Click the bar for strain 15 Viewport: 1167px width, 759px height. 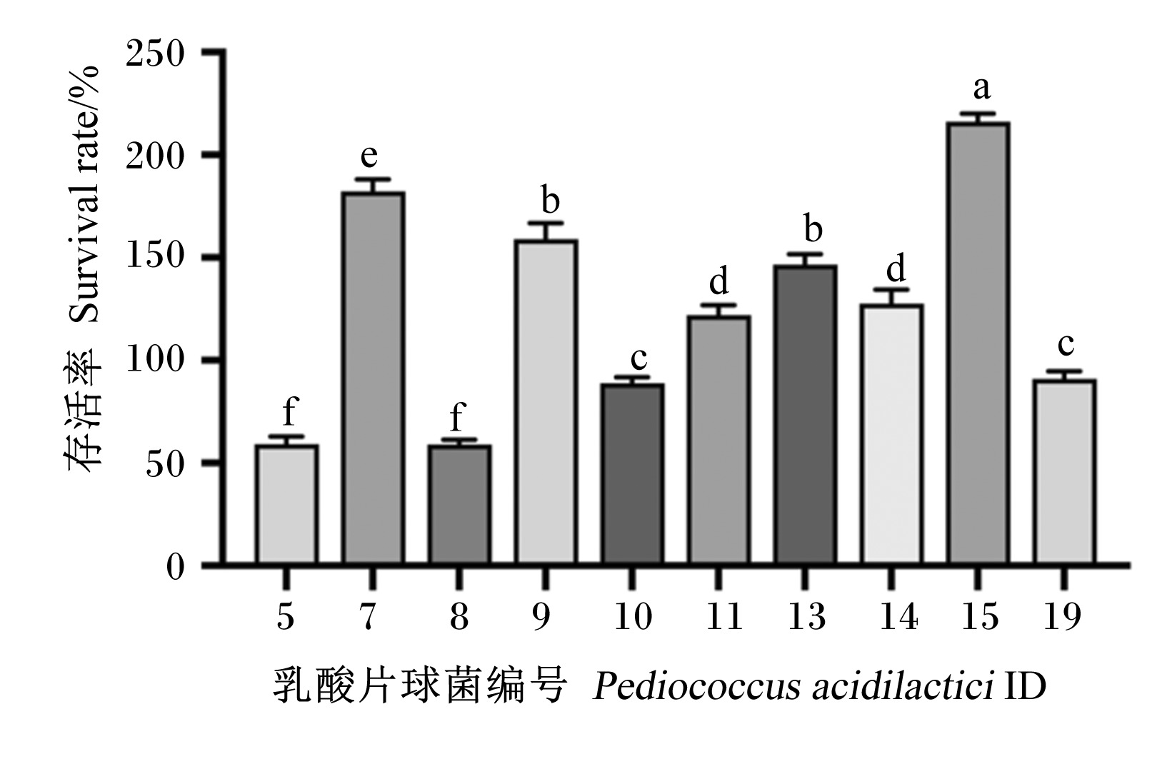coord(978,343)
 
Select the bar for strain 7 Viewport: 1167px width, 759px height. coord(373,378)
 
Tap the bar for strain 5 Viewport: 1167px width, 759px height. coord(286,505)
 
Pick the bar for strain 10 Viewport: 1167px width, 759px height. coord(632,474)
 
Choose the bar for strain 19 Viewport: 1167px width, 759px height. coord(1064,472)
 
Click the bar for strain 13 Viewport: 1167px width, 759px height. coord(805,415)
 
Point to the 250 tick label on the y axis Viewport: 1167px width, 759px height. coord(155,54)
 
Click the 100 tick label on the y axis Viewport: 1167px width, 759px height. coord(155,359)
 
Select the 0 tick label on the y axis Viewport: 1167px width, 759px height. coord(175,567)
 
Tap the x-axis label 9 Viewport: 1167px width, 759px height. coord(541,616)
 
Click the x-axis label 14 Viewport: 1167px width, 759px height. coord(898,616)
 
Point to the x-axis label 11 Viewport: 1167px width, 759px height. coord(723,616)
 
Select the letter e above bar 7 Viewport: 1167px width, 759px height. coord(369,156)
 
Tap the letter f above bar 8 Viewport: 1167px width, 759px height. coord(457,416)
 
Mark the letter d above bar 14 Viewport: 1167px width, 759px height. coord(896,268)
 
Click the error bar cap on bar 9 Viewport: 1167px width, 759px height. coord(546,223)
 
